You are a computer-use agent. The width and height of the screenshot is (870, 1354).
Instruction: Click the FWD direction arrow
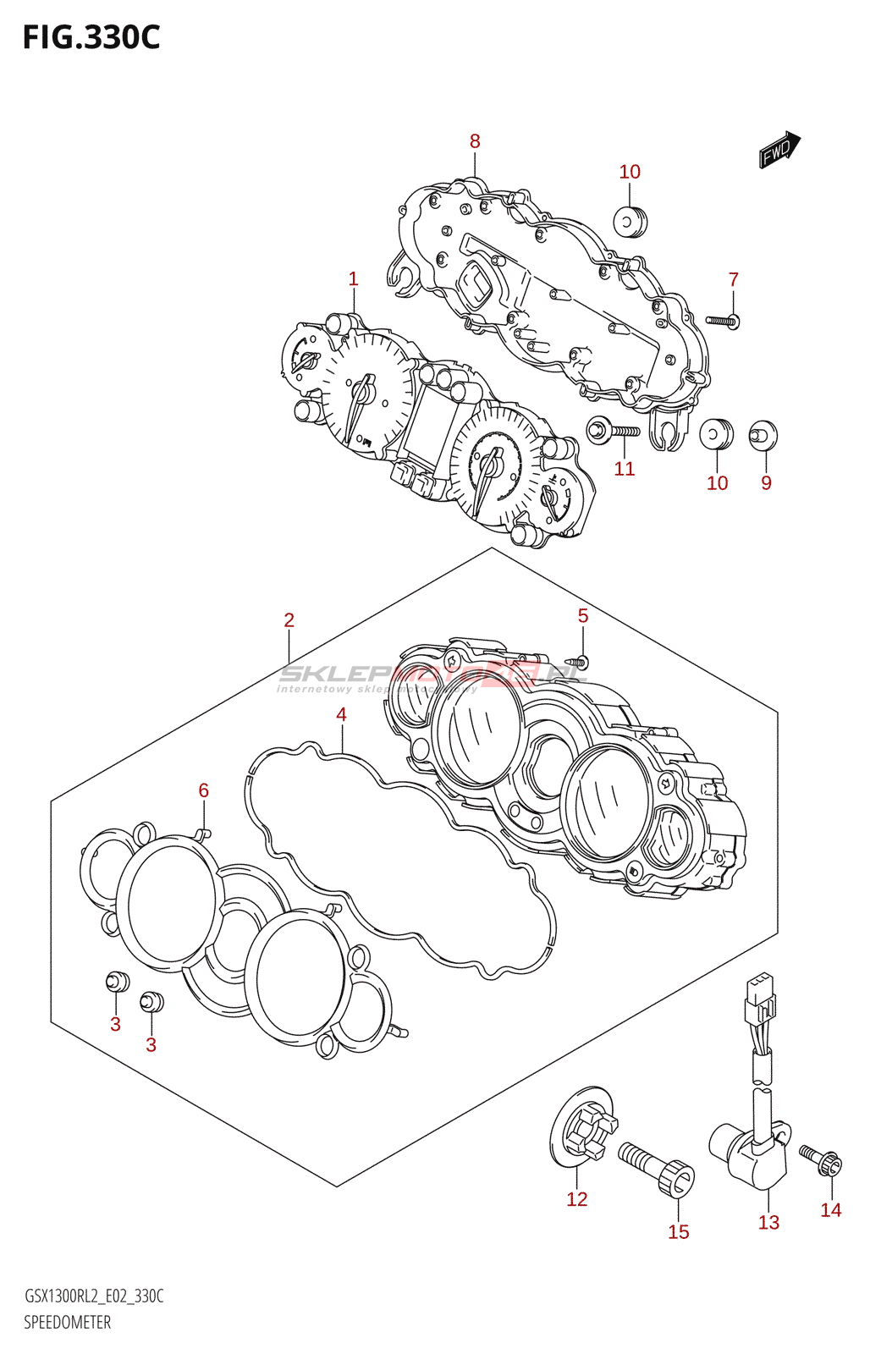pyautogui.click(x=779, y=151)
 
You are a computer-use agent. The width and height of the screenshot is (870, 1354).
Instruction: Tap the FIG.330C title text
pyautogui.click(x=91, y=38)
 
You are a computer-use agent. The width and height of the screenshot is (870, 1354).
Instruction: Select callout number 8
pyautogui.click(x=475, y=142)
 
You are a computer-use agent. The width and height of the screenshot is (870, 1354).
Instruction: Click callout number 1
pyautogui.click(x=353, y=279)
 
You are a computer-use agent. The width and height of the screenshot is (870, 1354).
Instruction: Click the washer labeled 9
pyautogui.click(x=763, y=435)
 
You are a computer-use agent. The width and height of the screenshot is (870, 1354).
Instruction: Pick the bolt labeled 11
pyautogui.click(x=614, y=432)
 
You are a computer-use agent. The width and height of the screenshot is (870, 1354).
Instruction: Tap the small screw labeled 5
pyautogui.click(x=580, y=661)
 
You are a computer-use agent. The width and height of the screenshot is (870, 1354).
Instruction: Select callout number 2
pyautogui.click(x=289, y=620)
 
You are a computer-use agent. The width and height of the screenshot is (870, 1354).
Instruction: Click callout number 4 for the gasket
pyautogui.click(x=341, y=715)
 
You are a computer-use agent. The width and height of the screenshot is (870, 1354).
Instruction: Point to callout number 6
pyautogui.click(x=203, y=790)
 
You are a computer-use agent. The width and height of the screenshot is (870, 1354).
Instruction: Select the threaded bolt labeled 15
pyautogui.click(x=658, y=1167)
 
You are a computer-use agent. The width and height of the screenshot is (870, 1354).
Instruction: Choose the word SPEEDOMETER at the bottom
pyautogui.click(x=67, y=1322)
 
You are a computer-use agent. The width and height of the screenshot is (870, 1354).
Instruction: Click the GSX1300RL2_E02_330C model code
pyautogui.click(x=94, y=1296)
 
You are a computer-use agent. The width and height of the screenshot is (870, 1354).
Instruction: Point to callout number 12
pyautogui.click(x=576, y=1199)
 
